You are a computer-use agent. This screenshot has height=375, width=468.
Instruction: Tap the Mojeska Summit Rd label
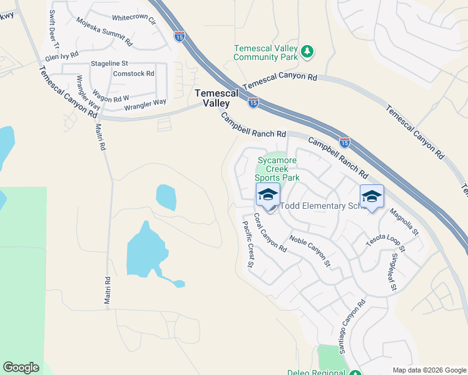coord(104,32)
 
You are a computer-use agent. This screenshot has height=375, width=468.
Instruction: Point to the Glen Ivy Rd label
coord(61,55)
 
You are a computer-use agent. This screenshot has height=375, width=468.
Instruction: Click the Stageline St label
coord(109,64)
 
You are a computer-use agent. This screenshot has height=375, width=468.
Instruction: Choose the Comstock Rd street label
coord(133,74)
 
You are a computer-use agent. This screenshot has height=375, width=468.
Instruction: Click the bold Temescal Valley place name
coord(216,97)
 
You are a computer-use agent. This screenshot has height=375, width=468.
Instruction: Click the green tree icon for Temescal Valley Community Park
coord(307,52)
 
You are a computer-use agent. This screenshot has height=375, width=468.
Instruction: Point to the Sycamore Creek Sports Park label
coord(278,169)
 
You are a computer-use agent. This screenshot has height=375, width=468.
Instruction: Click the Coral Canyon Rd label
coord(270,232)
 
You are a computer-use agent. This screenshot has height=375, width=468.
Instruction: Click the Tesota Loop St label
coord(385,242)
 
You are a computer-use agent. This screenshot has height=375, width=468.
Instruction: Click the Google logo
coord(21,367)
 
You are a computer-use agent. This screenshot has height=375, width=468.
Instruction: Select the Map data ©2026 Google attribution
coord(429,370)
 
